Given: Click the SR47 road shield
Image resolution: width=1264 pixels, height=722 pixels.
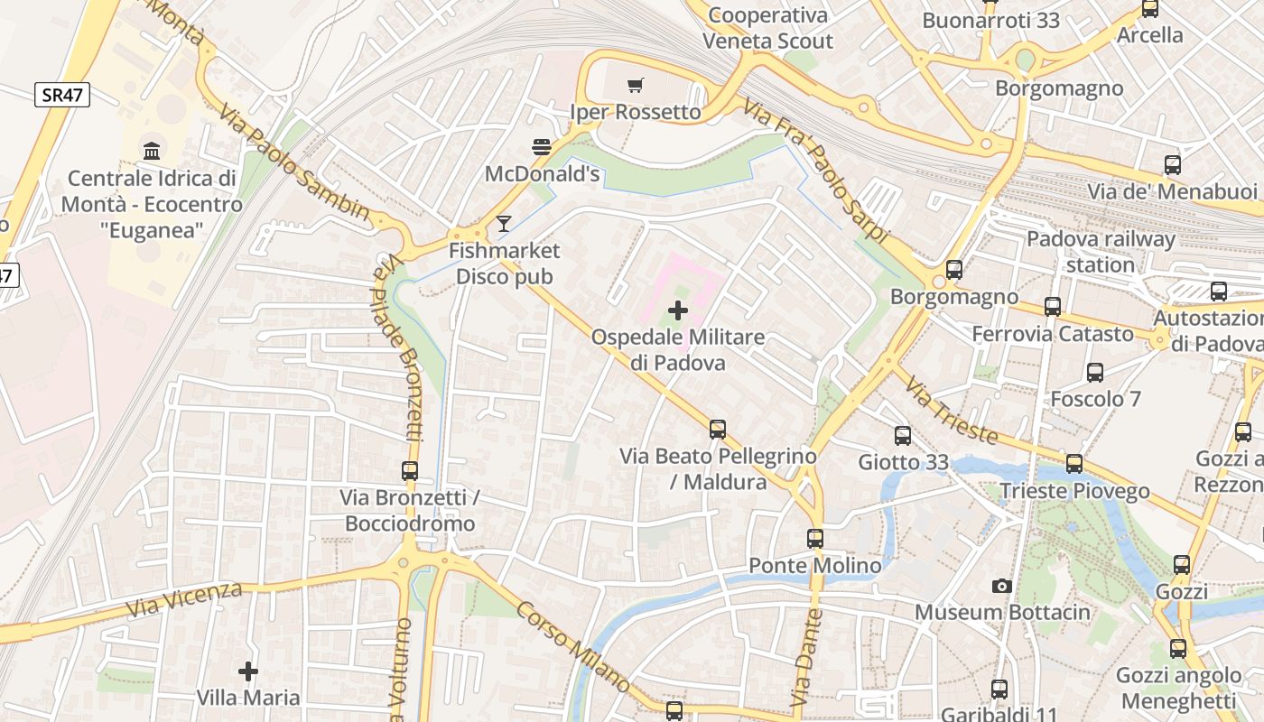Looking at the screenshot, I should click(x=62, y=95).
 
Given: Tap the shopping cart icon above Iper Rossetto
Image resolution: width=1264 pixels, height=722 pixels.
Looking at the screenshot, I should click(x=636, y=86).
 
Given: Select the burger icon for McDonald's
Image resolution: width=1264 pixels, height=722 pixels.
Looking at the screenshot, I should click(x=542, y=147).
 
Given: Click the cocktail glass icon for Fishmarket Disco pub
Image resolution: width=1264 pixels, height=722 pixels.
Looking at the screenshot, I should click(x=504, y=224).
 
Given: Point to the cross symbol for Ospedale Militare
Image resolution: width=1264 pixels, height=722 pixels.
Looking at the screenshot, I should click(x=677, y=311).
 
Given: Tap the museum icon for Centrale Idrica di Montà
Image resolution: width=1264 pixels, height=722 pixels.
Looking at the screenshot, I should click(x=152, y=151).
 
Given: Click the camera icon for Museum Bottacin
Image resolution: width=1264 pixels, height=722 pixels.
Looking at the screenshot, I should click(x=1001, y=587).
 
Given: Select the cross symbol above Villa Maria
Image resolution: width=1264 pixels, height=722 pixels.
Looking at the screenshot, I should click(x=248, y=671).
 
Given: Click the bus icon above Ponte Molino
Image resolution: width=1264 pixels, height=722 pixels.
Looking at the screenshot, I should click(x=815, y=539).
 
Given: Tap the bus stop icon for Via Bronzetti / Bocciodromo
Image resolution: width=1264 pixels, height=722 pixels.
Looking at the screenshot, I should click(x=410, y=470).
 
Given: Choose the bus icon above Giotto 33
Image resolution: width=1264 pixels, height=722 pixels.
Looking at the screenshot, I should click(x=903, y=436).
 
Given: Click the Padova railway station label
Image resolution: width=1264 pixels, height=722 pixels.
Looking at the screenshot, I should click(x=1101, y=252).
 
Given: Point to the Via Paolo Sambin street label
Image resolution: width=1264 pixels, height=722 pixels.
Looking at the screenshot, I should click(x=294, y=162).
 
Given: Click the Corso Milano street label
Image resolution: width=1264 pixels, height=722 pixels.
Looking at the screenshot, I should click(x=572, y=647).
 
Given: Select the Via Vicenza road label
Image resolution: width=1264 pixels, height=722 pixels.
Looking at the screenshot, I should click(x=184, y=600).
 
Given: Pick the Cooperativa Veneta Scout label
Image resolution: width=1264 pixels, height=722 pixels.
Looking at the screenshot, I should click(x=767, y=28).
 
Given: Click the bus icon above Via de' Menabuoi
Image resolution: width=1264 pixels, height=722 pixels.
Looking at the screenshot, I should click(x=1173, y=165).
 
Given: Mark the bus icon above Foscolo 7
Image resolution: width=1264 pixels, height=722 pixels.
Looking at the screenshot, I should click(x=1095, y=372).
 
